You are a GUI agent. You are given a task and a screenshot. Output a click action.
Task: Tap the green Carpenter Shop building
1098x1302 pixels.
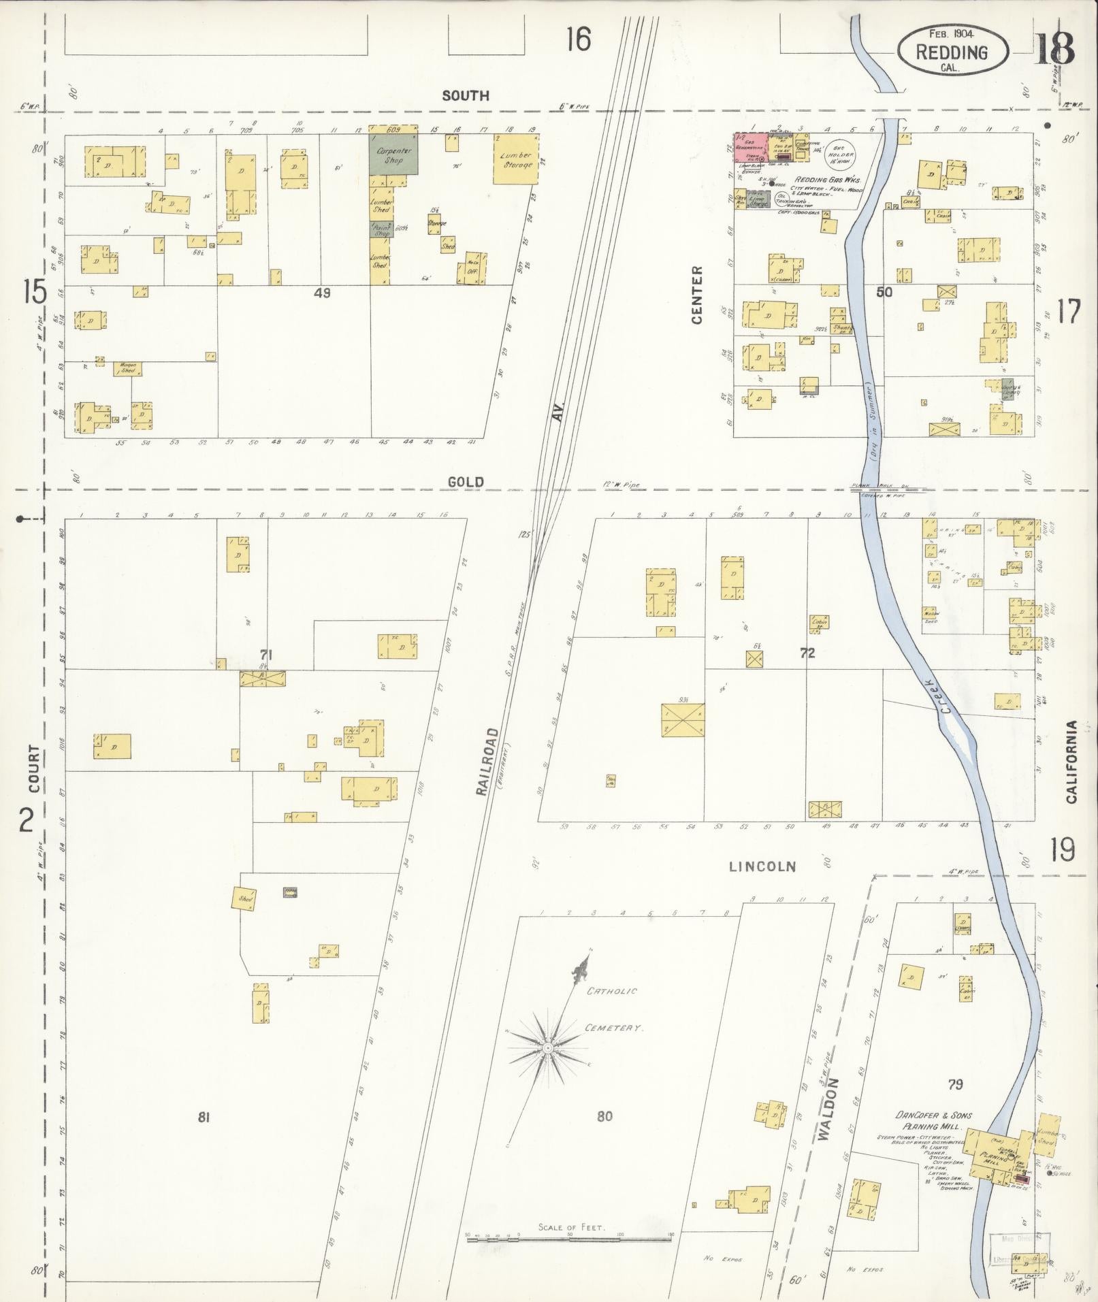coord(394,154)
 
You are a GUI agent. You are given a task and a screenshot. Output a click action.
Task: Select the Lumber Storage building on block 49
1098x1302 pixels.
coord(515,159)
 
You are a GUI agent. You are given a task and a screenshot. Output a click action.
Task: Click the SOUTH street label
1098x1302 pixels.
coord(466,96)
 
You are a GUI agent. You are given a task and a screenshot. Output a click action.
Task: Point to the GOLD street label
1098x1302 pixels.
coord(466,482)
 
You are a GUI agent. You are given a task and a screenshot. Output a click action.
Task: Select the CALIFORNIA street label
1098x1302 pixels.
coord(1071,762)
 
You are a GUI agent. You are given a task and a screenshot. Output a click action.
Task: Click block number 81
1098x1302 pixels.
coord(202,1117)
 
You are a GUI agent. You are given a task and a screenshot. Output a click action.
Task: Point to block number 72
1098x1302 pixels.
coord(807,654)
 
